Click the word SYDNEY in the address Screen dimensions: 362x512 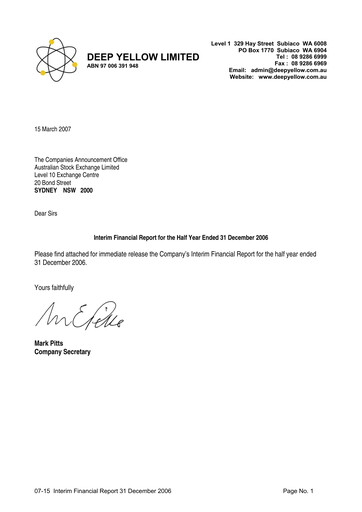[48, 190]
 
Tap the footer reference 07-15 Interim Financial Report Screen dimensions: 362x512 [102, 493]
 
